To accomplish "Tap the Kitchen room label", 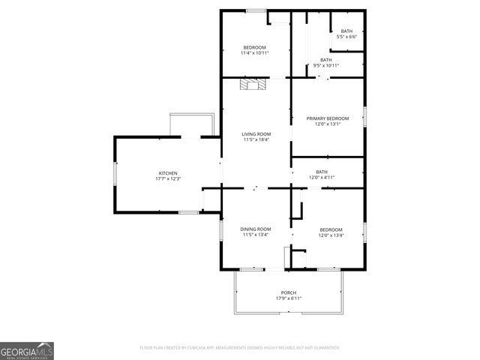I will pos(167,173).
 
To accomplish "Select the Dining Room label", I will pos(255,229).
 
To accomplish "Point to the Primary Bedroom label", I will pos(328,118).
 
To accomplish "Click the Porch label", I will pos(288,292).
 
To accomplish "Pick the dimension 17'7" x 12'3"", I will pos(167,178).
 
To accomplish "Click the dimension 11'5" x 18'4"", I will pos(256,139).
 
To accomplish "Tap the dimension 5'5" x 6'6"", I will pos(346,36).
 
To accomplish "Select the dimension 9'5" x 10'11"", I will pos(326,65).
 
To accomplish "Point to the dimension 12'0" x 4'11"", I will pos(322,177).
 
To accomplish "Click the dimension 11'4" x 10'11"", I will pos(253,53).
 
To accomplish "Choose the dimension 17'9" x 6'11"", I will pos(288,298).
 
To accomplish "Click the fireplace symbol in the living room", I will pos(253,85).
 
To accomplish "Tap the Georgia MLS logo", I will pos(27,350).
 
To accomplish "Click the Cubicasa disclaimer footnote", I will pos(240,348).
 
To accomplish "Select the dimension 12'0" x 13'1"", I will pos(328,124).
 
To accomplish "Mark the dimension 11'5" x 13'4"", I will pos(255,234).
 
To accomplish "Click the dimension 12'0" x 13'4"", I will pos(331,235).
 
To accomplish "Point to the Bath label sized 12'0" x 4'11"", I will pos(322,172).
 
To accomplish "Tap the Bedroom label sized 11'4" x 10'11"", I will pos(253,48).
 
